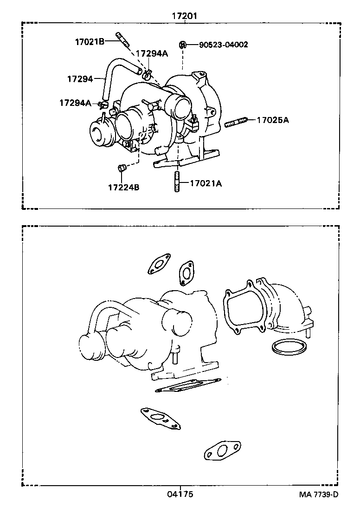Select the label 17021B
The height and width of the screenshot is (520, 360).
(x=89, y=41)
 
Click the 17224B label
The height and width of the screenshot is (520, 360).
(x=123, y=188)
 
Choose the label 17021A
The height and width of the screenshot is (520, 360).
(x=206, y=183)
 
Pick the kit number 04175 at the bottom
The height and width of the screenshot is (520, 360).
(x=180, y=494)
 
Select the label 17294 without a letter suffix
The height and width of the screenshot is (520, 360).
(x=80, y=79)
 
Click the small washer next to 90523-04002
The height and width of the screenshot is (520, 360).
(x=182, y=45)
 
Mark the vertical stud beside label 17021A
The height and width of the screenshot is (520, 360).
(x=177, y=182)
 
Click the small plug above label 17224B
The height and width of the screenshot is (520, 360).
(x=122, y=168)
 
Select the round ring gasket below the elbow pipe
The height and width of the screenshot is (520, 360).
(x=285, y=347)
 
